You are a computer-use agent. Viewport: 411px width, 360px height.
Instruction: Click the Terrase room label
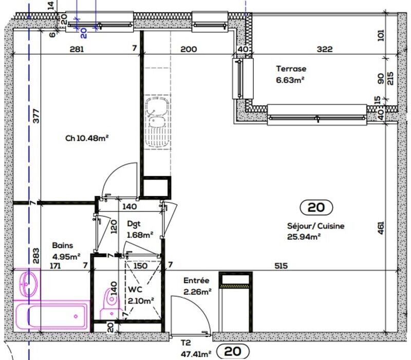(x=291, y=68)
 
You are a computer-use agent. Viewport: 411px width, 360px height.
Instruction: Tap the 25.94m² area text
(x=304, y=237)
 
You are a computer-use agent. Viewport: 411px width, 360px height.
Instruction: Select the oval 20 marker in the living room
(x=316, y=207)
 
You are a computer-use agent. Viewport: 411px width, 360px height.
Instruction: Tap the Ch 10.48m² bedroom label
(x=86, y=138)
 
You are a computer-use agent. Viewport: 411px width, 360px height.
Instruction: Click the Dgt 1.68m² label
(x=139, y=230)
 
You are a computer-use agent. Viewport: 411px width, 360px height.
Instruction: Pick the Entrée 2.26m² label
(x=197, y=286)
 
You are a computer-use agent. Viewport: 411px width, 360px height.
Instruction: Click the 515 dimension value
(x=281, y=266)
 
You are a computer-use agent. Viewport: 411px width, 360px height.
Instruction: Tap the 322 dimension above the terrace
(x=325, y=49)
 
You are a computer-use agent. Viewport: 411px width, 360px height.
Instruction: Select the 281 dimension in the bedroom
(x=76, y=49)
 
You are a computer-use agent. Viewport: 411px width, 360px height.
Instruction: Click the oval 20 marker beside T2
(x=233, y=352)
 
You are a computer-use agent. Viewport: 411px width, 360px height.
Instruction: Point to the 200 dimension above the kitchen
(x=189, y=49)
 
